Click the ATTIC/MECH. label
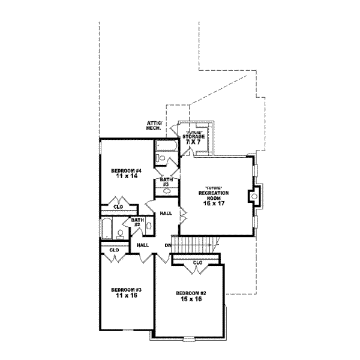click(x=154, y=125)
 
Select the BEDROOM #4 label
click(x=125, y=171)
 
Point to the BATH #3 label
click(x=166, y=181)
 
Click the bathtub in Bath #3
click(x=164, y=146)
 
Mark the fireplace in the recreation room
click(x=253, y=196)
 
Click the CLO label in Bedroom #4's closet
click(x=119, y=207)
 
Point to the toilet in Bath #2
click(x=121, y=235)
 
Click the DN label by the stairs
click(x=168, y=245)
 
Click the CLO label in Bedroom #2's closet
click(x=197, y=262)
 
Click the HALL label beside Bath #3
click(x=166, y=213)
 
